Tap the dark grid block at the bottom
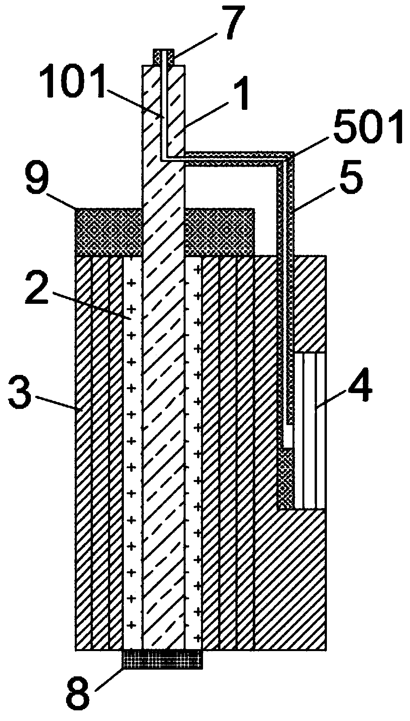(163, 659)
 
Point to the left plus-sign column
(132, 435)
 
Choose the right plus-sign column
(194, 435)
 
